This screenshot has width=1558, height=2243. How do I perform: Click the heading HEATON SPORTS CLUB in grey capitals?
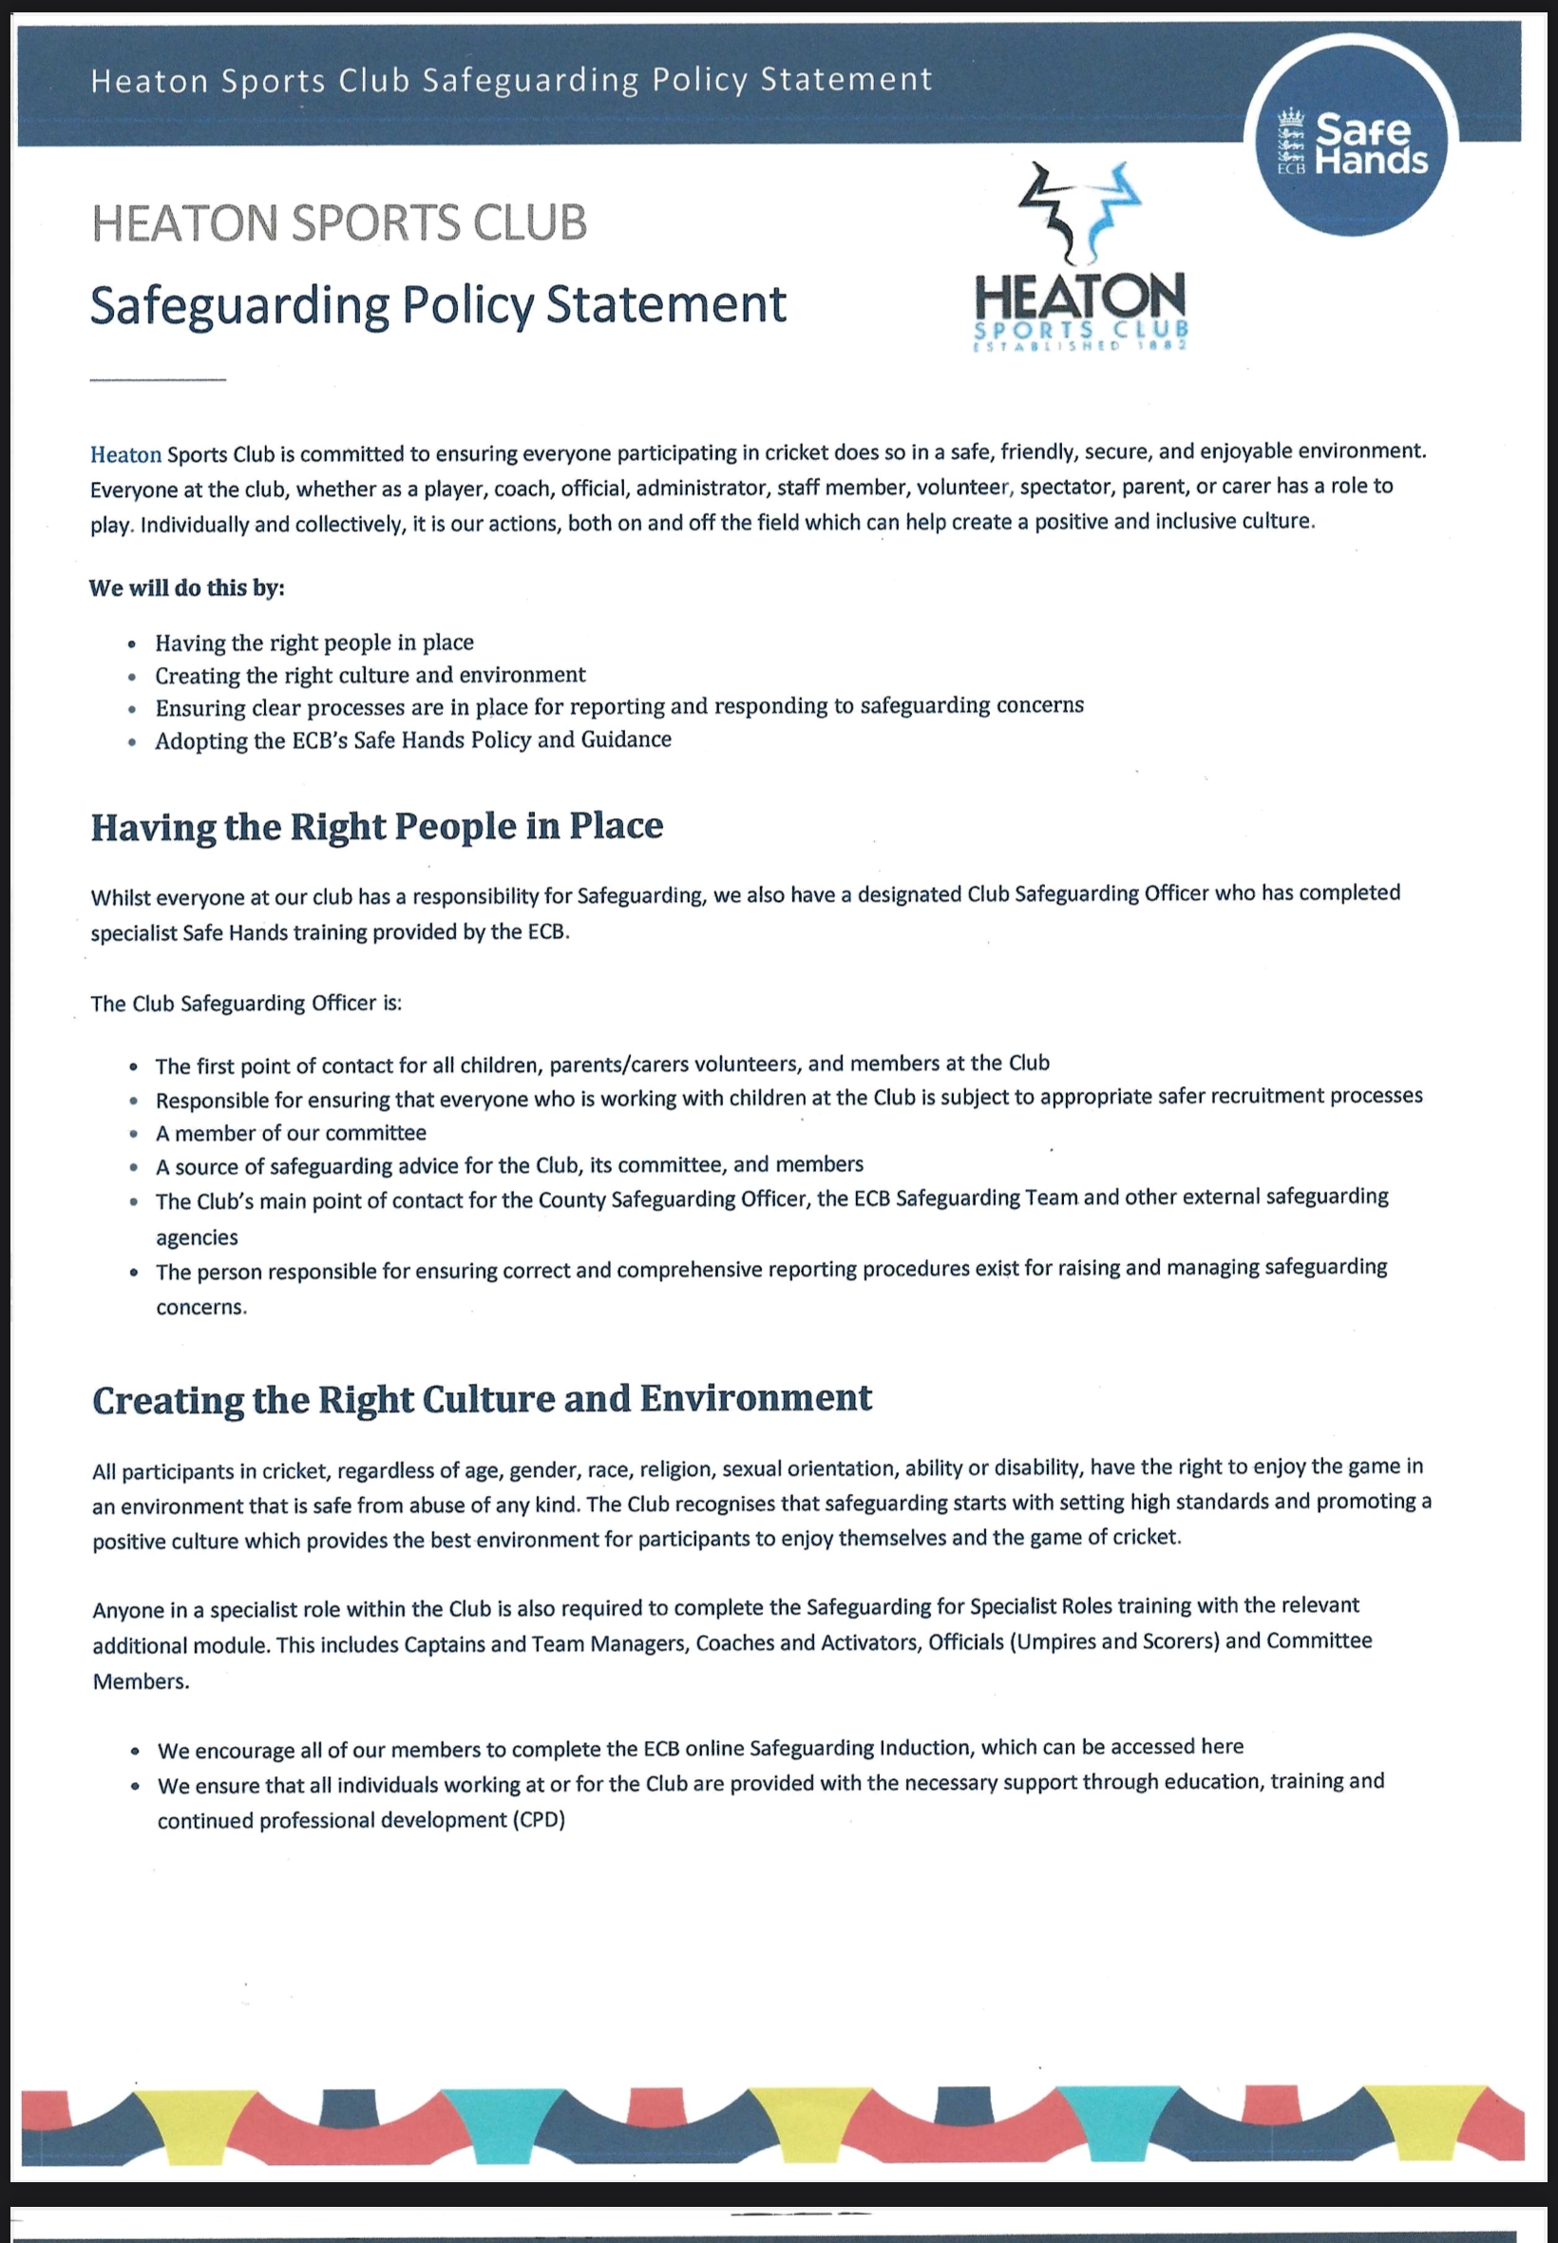(339, 222)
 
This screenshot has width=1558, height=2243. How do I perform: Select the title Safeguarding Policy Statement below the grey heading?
(437, 305)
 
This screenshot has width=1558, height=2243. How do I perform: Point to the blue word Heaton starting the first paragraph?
(126, 454)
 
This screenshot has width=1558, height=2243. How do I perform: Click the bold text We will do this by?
(186, 588)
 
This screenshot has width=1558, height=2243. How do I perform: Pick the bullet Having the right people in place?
(313, 642)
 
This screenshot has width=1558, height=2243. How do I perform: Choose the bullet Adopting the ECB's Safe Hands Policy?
(413, 740)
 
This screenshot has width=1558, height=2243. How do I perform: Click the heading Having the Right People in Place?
(377, 827)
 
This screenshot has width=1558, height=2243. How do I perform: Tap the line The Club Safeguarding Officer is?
(246, 1004)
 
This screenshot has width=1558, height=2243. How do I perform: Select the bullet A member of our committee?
(291, 1133)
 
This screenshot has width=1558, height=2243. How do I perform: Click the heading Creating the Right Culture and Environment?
(482, 1399)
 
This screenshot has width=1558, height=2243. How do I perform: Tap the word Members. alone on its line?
(141, 1681)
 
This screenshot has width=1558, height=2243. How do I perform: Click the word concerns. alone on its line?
(201, 1308)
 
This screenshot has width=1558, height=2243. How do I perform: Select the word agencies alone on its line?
(198, 1237)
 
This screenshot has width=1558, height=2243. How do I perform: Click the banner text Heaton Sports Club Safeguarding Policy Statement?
(511, 80)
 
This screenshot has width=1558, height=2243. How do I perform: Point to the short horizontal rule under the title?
(157, 379)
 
